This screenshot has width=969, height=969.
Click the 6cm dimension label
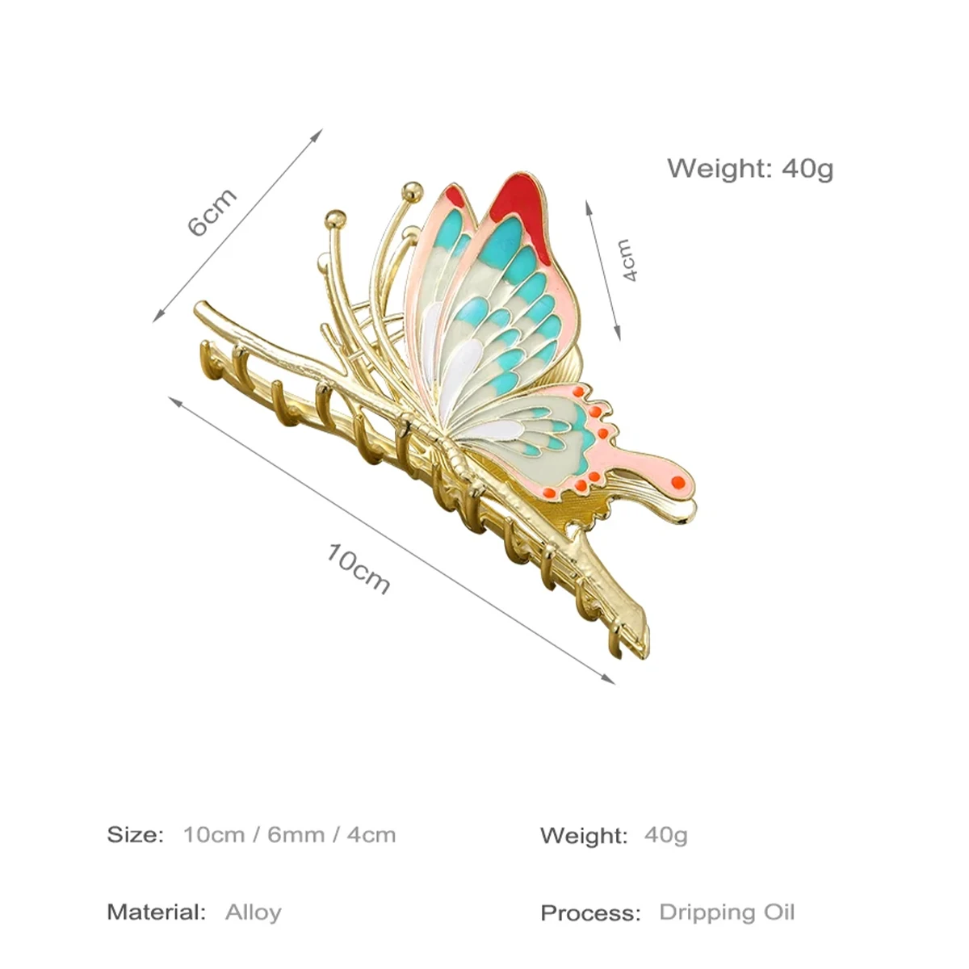coord(212,212)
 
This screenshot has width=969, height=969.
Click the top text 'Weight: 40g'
coord(749,169)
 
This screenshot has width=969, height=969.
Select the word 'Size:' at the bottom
coord(136,834)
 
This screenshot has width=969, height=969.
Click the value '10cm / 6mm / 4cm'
coord(289,834)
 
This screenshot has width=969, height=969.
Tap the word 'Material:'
coord(157,912)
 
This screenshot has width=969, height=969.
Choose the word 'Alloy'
coord(254,912)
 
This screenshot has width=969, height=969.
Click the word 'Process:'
coord(590,913)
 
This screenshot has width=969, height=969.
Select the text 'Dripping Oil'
coord(727,912)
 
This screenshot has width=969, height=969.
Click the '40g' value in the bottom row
coord(666,834)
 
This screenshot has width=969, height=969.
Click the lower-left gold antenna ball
coord(335,218)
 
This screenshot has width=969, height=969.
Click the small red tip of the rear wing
coord(456,195)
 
